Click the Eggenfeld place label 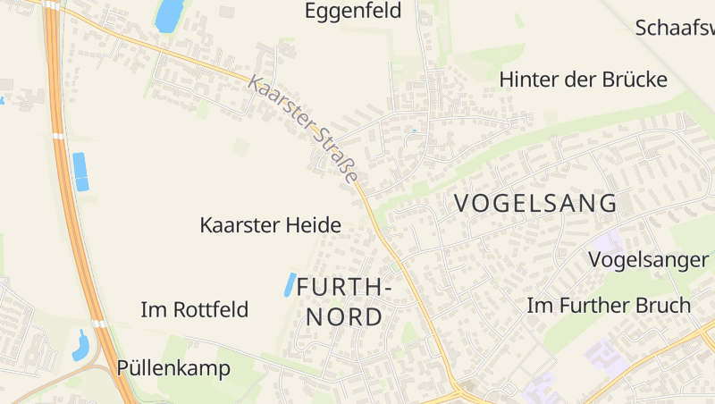coord(353,11)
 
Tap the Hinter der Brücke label coord(584,80)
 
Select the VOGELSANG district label coord(535,203)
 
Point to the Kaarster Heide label coord(270,225)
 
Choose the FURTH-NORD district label coord(344,301)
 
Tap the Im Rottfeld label coord(195,310)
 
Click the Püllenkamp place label coord(173,368)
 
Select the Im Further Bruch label coord(609,305)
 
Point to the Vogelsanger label coord(649,260)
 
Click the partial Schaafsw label coord(675,27)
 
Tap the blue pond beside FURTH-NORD coord(290,284)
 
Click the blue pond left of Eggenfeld coord(169,15)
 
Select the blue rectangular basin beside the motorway coord(80,172)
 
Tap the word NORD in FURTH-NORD coord(344,316)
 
